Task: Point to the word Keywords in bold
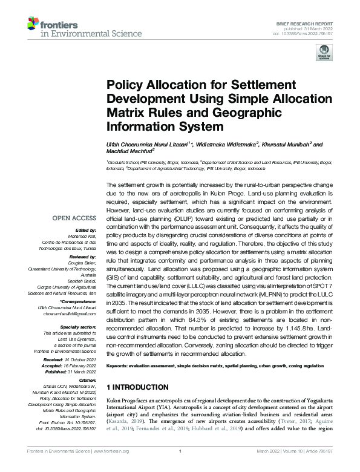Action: (x=121, y=367)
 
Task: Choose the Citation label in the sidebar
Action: (x=87, y=379)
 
